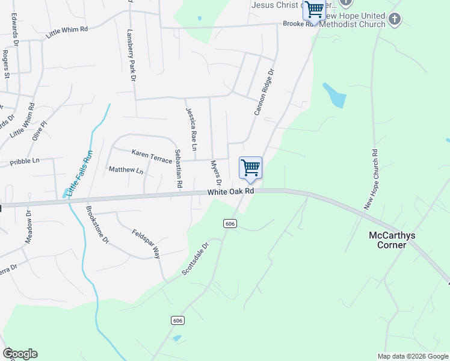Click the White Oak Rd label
click(x=231, y=191)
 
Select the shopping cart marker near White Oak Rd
click(x=250, y=168)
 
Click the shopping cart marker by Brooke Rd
click(x=314, y=10)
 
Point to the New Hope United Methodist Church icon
click(x=395, y=19)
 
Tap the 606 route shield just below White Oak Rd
click(x=230, y=224)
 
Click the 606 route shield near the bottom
click(x=177, y=321)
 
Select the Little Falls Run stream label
click(x=81, y=173)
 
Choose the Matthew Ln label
click(x=126, y=170)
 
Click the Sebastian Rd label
click(x=177, y=169)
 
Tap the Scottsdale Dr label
click(x=195, y=259)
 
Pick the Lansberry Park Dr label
click(x=131, y=54)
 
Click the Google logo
click(x=20, y=354)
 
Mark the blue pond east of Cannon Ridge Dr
click(x=334, y=95)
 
